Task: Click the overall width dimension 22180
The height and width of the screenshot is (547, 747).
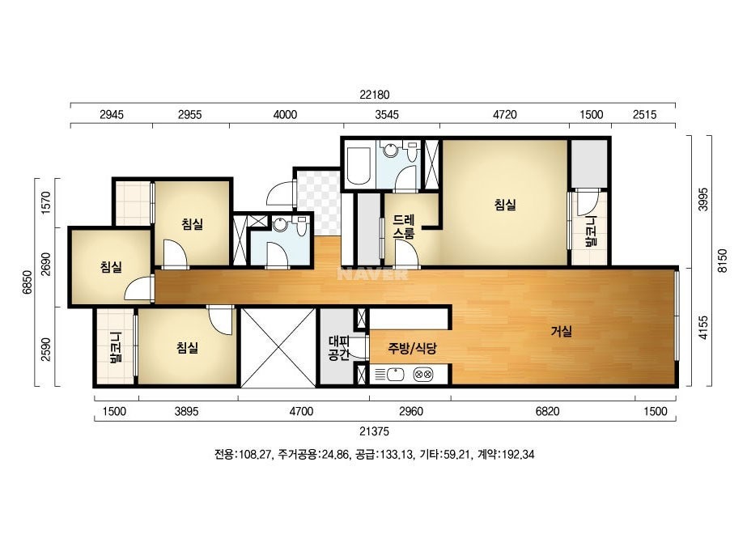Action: pos(375,95)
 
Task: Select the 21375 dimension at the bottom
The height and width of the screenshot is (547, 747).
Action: pos(374,431)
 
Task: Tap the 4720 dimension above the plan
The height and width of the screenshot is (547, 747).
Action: pos(504,114)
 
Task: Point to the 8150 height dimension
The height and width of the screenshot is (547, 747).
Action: pos(723,261)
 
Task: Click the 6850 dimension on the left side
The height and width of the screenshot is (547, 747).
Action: pos(28,282)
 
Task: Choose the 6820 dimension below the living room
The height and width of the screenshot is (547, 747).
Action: pos(547,411)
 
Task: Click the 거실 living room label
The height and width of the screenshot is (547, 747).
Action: pos(561,331)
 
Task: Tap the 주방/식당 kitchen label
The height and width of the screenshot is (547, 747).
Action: pos(412,348)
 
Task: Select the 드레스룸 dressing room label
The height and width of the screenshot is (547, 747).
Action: pos(404,227)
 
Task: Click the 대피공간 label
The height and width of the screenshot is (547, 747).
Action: pos(339,347)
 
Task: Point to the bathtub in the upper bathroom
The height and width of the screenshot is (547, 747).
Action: pos(358,165)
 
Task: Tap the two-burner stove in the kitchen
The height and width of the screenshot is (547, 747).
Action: pos(423,375)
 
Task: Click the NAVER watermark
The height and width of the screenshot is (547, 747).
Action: pos(372,274)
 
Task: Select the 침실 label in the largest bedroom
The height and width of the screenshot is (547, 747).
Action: pos(505,205)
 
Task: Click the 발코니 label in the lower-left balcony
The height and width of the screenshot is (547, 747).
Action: pos(116,347)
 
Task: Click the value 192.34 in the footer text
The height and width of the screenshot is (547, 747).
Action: pos(518,454)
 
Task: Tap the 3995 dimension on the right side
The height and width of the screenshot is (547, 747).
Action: pos(703,199)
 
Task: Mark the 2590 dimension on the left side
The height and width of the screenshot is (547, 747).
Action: pos(46,350)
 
